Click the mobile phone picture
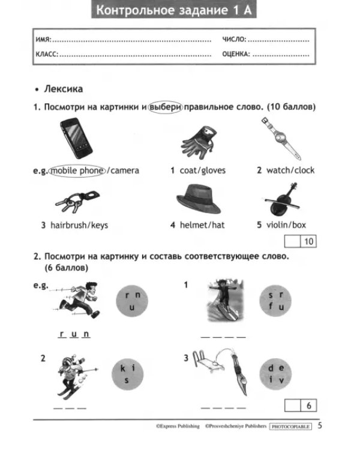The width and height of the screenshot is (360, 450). coord(76,139)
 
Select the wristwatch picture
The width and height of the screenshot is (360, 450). coord(281,138)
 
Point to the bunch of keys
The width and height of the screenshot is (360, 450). coord(77,200)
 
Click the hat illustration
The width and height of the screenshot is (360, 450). coord(198,199)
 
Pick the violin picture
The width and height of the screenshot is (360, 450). coord(282,199)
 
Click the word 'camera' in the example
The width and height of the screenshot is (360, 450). coord(125,171)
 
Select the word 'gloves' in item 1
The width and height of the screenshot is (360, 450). coord(214,171)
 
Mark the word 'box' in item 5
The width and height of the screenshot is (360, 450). coord(299,225)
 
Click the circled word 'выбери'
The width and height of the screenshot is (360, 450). coord(166,107)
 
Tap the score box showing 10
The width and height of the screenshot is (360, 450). coord(300,241)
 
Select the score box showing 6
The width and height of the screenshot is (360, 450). coord(300,406)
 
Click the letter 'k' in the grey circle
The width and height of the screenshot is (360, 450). coord(123,368)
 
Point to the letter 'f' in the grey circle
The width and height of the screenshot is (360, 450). coord(271,306)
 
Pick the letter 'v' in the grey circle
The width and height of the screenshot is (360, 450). coord(281,380)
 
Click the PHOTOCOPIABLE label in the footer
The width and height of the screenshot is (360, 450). coord(290,427)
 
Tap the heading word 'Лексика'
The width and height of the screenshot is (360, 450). coord(64,89)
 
